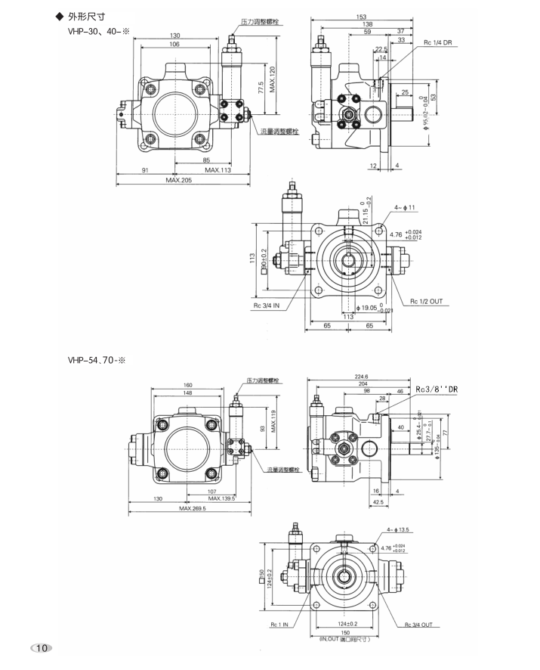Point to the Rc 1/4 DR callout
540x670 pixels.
[439, 42]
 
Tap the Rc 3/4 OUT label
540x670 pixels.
[419, 625]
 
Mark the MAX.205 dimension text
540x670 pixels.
[178, 180]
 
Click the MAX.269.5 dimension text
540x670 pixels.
[193, 508]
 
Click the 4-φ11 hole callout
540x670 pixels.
[404, 207]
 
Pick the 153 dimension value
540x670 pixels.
[360, 16]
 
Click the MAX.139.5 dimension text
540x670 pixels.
[222, 498]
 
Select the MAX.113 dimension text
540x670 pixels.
[216, 170]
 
